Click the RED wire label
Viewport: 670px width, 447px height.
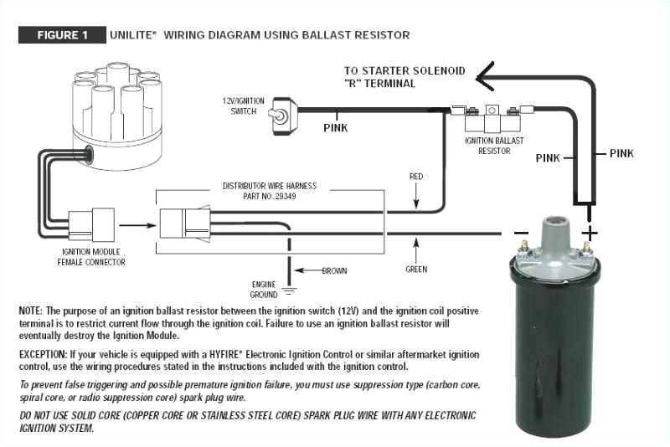(415, 177)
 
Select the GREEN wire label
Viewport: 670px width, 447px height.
(415, 269)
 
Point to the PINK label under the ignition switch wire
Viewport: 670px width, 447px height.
(335, 128)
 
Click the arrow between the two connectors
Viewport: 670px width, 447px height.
(134, 224)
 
